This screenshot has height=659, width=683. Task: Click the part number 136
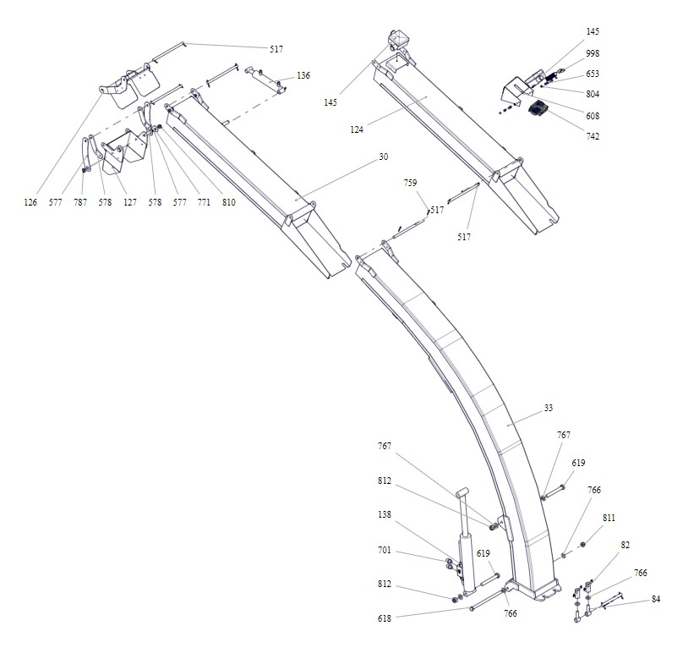pos(303,75)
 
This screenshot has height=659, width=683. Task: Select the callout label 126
pos(31,202)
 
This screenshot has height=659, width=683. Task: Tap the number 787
pos(80,202)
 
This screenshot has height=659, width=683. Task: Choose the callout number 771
pos(204,202)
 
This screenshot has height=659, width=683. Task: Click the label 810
pos(228,202)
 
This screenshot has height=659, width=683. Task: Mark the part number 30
pos(383,157)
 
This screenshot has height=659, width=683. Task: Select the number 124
pos(357,129)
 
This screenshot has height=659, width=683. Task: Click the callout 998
pos(593,53)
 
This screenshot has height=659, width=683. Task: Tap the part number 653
pos(593,74)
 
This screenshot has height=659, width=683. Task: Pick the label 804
pos(593,94)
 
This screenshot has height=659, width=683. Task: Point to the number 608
pos(593,115)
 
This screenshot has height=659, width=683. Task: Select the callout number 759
pos(410,183)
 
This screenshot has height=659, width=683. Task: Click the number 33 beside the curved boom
pos(549,409)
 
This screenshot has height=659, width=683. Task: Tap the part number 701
pos(385,549)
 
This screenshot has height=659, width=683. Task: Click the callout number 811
pos(609,517)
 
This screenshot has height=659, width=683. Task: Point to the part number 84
pos(656,600)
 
